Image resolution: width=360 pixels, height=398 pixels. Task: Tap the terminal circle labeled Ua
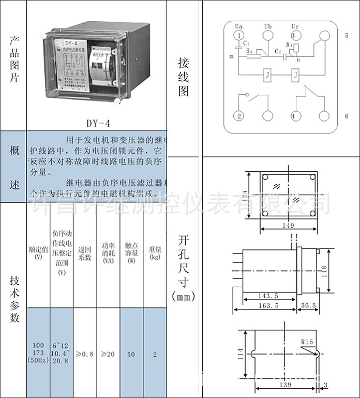[238, 35]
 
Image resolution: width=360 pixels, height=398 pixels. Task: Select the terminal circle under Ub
[267, 35]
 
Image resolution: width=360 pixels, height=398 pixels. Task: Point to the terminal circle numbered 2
[239, 116]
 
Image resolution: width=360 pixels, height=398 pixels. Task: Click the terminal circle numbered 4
[295, 116]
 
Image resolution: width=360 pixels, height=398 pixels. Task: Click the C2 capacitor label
[278, 51]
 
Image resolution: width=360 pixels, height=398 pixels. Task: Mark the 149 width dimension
[289, 225]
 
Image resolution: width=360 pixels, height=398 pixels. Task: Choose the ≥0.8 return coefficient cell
[85, 354]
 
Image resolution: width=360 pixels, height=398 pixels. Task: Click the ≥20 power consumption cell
[108, 354]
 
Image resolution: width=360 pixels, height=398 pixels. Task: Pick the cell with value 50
[131, 354]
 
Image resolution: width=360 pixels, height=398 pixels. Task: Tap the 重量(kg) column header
[155, 252]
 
